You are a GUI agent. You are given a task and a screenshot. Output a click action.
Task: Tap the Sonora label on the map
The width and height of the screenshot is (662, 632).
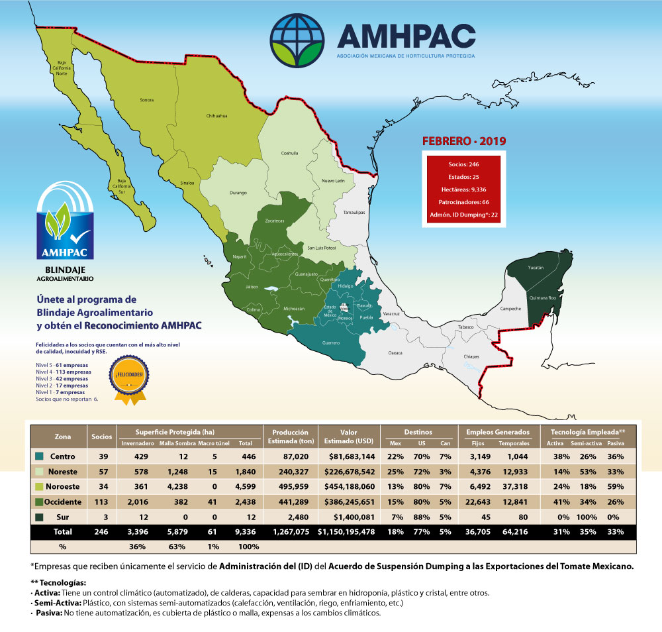click(x=146, y=100)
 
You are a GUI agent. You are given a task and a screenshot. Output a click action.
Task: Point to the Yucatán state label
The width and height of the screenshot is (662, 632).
click(x=536, y=268)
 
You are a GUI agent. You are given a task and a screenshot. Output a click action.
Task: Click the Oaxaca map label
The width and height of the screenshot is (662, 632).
click(x=395, y=353)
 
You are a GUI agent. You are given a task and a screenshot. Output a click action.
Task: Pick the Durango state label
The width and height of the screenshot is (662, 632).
click(x=238, y=193)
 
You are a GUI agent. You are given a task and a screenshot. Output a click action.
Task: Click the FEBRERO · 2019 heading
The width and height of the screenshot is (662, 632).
click(x=464, y=141)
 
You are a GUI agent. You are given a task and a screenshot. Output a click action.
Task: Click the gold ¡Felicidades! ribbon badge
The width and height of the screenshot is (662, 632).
click(x=128, y=378)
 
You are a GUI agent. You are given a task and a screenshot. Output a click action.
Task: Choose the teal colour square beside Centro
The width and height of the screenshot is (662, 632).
click(x=39, y=456)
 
